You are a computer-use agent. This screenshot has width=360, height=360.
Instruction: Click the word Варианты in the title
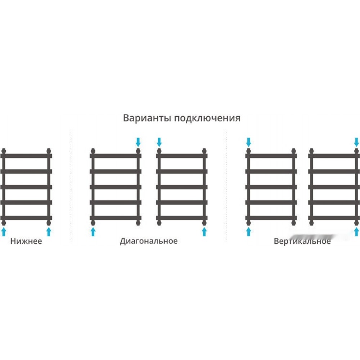[147, 118]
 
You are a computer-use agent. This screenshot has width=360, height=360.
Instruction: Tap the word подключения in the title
[207, 118]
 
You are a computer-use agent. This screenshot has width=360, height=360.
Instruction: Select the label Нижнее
[26, 241]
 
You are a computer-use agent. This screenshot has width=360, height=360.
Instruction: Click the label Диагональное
[149, 241]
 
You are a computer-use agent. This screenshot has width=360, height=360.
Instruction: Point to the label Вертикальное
[302, 241]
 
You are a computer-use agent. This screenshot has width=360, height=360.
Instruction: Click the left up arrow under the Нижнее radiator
[4, 231]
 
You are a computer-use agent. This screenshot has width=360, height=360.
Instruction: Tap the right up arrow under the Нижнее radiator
[49, 231]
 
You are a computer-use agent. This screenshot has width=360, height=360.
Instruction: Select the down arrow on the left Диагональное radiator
[138, 142]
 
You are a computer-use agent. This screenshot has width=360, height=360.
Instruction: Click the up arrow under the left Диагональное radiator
[93, 231]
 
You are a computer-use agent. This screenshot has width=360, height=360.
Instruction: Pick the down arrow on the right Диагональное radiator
[159, 142]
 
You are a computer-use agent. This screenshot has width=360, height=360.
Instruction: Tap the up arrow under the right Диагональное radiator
[204, 231]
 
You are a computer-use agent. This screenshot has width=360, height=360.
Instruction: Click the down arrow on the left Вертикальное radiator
[248, 142]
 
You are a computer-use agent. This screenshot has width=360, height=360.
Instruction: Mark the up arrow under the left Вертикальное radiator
[248, 231]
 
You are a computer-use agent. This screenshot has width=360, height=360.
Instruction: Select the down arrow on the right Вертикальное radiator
[356, 142]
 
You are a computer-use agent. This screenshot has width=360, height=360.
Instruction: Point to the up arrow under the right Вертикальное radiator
[356, 231]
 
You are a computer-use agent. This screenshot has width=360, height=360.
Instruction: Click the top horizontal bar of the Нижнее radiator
[26, 156]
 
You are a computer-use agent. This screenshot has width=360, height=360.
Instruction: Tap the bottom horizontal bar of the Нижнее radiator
[26, 218]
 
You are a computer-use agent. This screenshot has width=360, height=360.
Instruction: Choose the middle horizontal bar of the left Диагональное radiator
[116, 187]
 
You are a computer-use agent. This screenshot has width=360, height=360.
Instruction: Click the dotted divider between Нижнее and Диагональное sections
[71, 186]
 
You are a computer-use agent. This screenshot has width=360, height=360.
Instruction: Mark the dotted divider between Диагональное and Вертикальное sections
[226, 186]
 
